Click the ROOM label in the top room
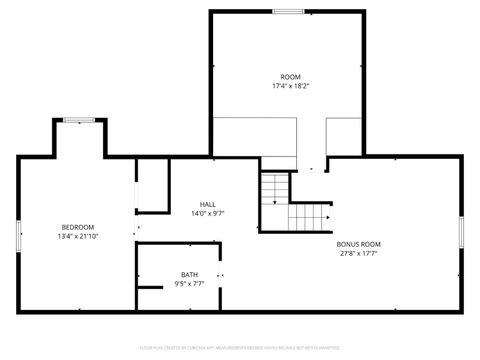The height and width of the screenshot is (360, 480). [x=290, y=77]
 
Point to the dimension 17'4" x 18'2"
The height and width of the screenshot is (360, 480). [x=290, y=86]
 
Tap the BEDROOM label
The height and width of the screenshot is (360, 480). [x=77, y=227]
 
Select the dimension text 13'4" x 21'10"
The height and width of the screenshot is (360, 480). [x=77, y=236]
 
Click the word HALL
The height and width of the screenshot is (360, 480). [x=207, y=204]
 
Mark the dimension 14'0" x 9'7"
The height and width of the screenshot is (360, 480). [x=207, y=213]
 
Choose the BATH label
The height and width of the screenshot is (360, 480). [x=189, y=275]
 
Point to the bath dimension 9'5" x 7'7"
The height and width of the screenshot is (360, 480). [x=189, y=284]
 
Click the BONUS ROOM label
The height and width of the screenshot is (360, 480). [x=357, y=244]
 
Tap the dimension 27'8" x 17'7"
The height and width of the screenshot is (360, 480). [x=357, y=253]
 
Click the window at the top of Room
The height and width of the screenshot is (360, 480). [x=289, y=11]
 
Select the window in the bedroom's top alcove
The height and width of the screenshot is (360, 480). [x=77, y=120]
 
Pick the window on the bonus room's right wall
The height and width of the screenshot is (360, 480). [x=461, y=232]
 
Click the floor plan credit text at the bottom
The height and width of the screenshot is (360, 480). [x=239, y=349]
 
